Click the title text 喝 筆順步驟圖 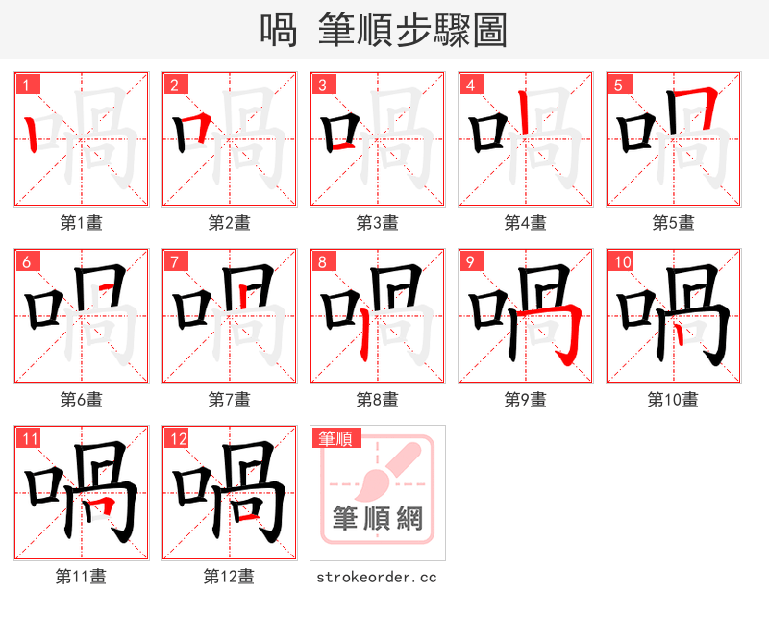(x=384, y=30)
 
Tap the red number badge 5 (x=619, y=85)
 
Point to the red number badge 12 (x=178, y=439)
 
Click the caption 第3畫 (x=377, y=223)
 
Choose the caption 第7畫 (x=229, y=400)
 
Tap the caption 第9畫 (x=525, y=400)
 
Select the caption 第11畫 (x=81, y=577)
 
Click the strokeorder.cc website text (x=377, y=577)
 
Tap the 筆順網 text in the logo (x=377, y=519)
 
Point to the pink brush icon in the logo (x=384, y=471)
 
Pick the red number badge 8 (x=323, y=261)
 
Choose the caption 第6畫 (x=81, y=400)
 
